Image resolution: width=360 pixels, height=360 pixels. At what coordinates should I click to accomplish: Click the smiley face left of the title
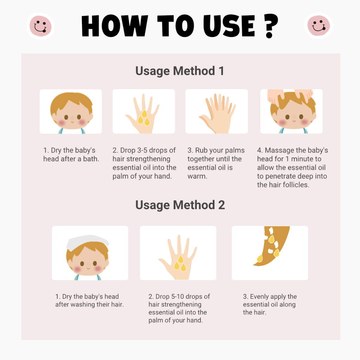point(40,26)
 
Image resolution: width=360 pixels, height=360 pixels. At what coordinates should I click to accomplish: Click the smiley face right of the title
point(319,26)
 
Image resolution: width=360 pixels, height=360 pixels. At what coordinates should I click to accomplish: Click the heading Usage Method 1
point(180,71)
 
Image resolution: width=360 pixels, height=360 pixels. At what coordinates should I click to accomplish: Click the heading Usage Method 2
point(180,205)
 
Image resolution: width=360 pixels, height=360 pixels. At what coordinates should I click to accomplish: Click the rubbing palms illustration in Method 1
point(217,112)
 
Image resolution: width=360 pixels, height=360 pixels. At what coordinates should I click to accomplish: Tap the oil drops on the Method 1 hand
point(143,118)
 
